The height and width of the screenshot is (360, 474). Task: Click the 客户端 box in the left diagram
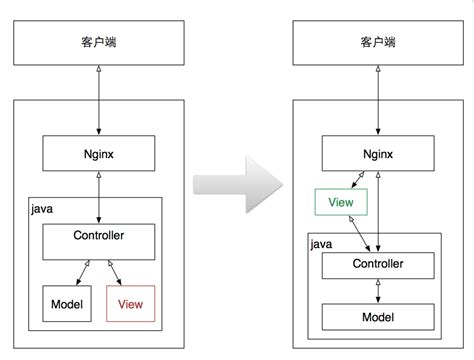(x=99, y=43)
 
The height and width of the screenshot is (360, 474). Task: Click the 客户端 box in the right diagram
(x=378, y=43)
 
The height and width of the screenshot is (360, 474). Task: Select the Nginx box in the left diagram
(x=99, y=153)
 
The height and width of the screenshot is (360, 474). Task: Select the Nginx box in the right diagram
(x=378, y=153)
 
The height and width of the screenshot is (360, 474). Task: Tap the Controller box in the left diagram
(x=99, y=242)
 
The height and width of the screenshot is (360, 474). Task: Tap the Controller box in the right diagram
(x=378, y=266)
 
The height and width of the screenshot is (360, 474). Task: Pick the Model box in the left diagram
(x=67, y=304)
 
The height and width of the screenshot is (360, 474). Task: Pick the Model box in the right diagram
(x=378, y=317)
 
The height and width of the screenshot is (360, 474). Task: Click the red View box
(x=131, y=304)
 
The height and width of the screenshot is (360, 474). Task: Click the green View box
(x=341, y=202)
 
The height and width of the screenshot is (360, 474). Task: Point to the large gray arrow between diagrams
(x=238, y=184)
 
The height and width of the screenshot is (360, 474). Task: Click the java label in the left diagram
(x=42, y=209)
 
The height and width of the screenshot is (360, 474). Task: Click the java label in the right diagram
(x=321, y=244)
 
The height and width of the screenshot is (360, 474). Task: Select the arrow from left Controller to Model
(x=83, y=273)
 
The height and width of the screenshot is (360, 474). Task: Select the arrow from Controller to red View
(x=115, y=273)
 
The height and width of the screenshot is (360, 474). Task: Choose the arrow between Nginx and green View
(x=358, y=180)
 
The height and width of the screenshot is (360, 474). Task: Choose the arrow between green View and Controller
(x=359, y=233)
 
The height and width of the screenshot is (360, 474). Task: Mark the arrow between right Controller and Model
(x=378, y=291)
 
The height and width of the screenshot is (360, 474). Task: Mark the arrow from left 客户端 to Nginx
(x=99, y=100)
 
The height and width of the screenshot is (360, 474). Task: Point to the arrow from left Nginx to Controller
(x=99, y=197)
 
